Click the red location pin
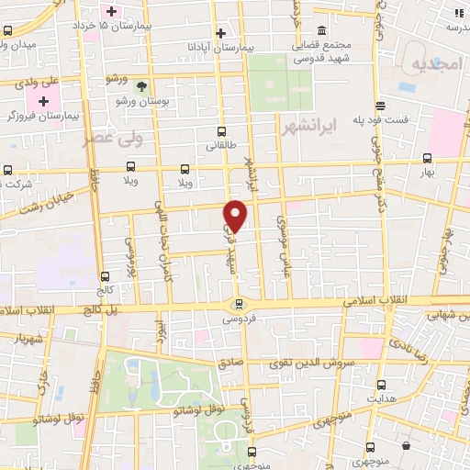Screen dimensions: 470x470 pyautogui.click(x=236, y=215)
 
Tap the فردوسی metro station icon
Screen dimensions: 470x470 pyautogui.click(x=239, y=305)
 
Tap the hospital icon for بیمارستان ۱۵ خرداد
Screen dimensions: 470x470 pyautogui.click(x=112, y=11)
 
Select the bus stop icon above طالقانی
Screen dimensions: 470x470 pyautogui.click(x=221, y=131)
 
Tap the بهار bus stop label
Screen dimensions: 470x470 pyautogui.click(x=448, y=173)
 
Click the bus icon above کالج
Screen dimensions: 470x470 pyautogui.click(x=105, y=275)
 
